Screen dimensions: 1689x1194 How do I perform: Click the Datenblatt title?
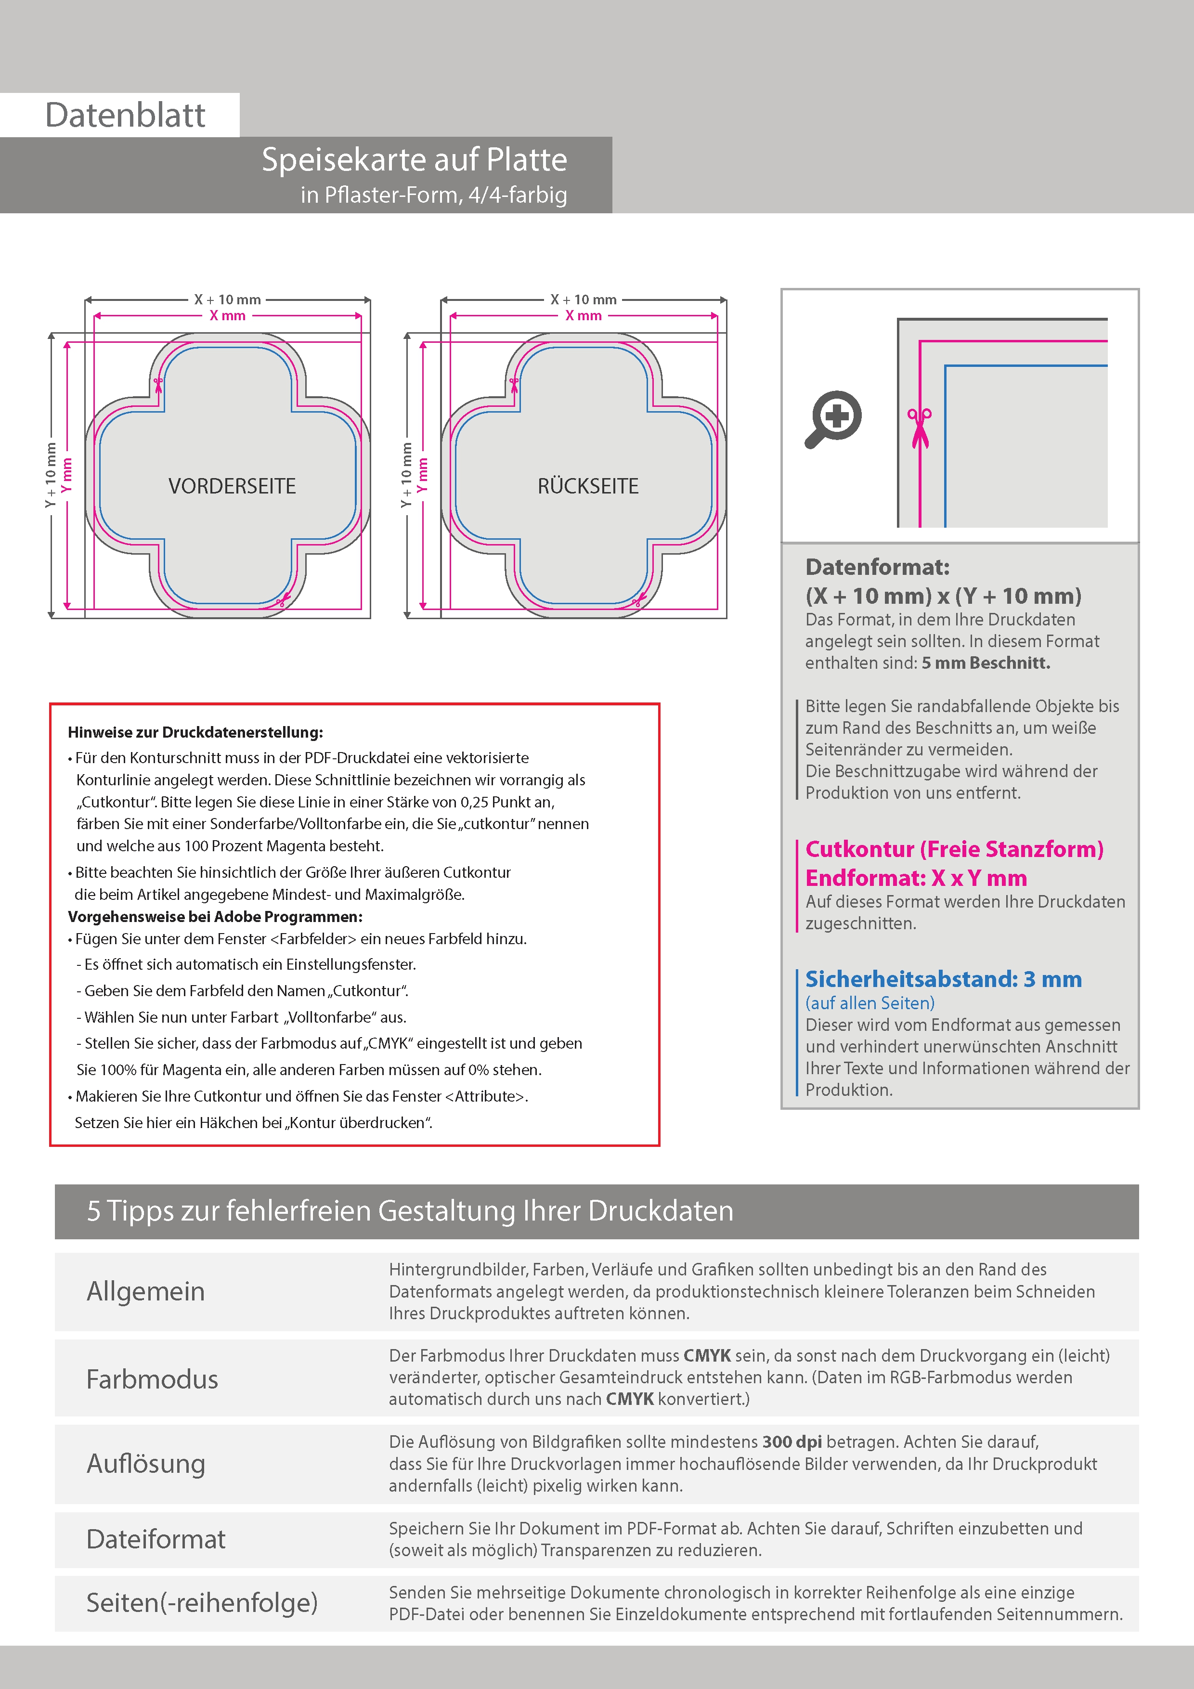[125, 116]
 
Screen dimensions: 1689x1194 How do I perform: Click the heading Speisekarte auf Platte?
[414, 160]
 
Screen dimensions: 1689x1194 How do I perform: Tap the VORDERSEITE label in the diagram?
[232, 486]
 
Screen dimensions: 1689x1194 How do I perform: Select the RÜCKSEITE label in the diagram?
[588, 486]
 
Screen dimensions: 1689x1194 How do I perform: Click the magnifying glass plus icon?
[833, 418]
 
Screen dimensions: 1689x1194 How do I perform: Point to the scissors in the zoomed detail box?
[919, 428]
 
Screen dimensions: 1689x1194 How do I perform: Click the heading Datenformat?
[877, 567]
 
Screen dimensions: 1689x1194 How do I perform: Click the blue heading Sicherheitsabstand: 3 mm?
[943, 979]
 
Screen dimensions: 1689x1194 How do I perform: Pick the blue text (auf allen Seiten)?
[870, 1002]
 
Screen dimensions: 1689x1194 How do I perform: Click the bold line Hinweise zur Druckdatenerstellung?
[195, 733]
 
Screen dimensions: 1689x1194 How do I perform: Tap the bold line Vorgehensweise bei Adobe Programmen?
[215, 917]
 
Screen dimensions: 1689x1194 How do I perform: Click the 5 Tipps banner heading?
[410, 1211]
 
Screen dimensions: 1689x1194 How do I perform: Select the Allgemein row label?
[146, 1292]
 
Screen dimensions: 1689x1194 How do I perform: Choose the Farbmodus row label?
[152, 1379]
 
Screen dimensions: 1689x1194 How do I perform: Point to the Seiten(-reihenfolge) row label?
[202, 1602]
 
